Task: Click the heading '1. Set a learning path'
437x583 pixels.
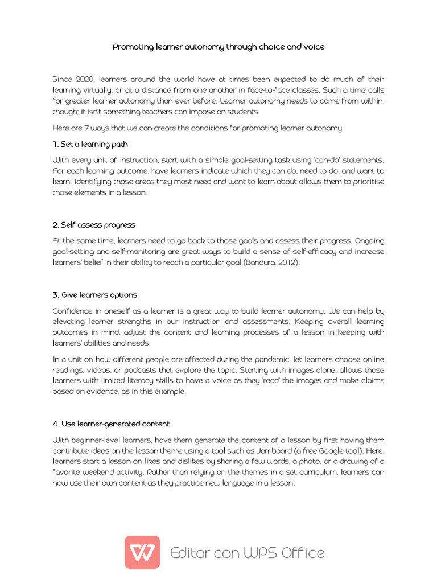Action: (90, 144)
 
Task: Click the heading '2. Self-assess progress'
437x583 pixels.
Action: (94, 225)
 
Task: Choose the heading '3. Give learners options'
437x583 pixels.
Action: (94, 295)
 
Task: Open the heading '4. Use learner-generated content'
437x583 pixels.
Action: (111, 424)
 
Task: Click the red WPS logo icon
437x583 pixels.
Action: (142, 552)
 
